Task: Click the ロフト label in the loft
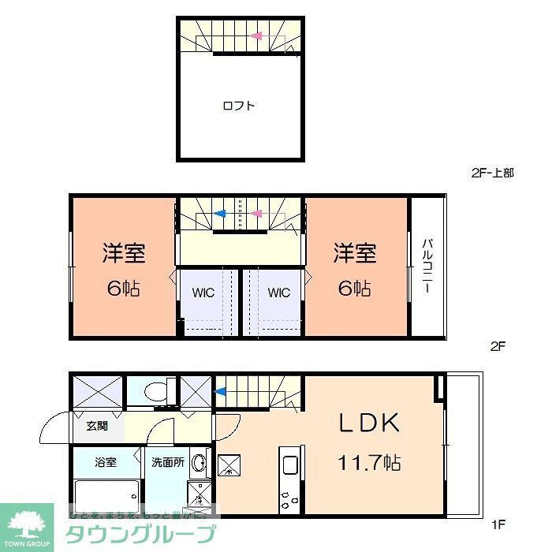tap(238, 106)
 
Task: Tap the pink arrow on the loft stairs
tap(256, 35)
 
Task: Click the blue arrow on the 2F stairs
tap(221, 213)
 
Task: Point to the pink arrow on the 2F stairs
tap(256, 213)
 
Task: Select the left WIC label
tap(203, 293)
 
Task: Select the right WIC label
tap(278, 293)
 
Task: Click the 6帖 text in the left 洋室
tap(124, 288)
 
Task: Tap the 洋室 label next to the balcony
tap(355, 253)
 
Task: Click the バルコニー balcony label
tap(426, 266)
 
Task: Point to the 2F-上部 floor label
tap(492, 173)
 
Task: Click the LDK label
tap(369, 423)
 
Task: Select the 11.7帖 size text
tap(369, 462)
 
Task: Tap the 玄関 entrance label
tap(97, 426)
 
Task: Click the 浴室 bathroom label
tap(106, 462)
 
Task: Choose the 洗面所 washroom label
tap(168, 462)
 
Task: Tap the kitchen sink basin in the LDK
tap(289, 465)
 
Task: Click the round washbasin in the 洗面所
tap(200, 463)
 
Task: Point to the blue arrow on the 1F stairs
tap(222, 390)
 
